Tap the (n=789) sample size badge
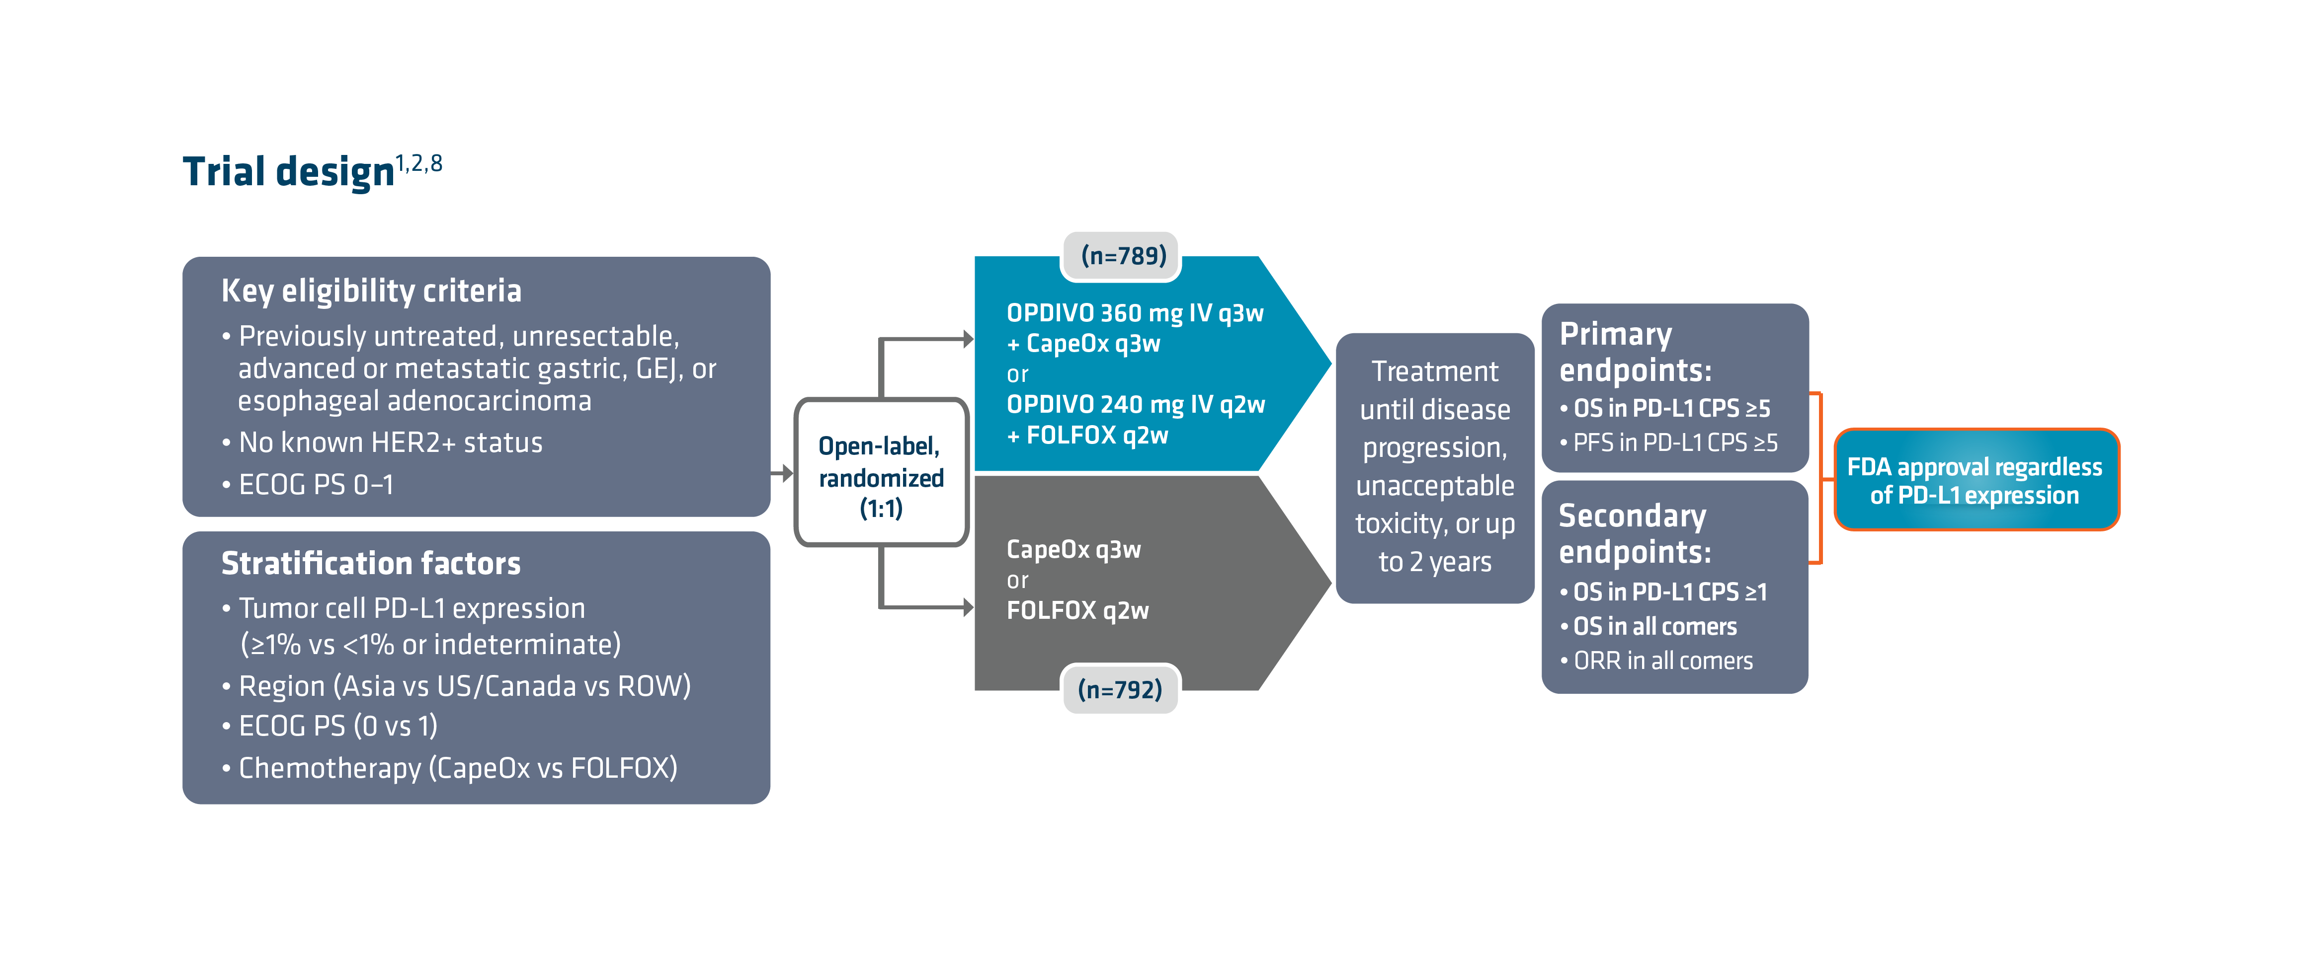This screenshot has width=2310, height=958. coord(1123,256)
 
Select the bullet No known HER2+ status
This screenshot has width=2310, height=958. coord(390,442)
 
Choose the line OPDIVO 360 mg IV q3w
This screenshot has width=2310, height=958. coord(1134,314)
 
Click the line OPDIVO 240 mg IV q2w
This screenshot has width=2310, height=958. coord(1135,405)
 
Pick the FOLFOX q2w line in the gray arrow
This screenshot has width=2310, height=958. coord(1077,611)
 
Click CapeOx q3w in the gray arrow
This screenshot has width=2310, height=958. coord(1073,549)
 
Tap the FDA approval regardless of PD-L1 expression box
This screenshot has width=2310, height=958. coord(1975,480)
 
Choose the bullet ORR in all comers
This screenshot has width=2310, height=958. coord(1661,662)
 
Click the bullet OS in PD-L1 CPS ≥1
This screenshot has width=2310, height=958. coord(1669,592)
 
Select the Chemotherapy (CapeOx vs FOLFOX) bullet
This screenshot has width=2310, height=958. coord(457,768)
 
